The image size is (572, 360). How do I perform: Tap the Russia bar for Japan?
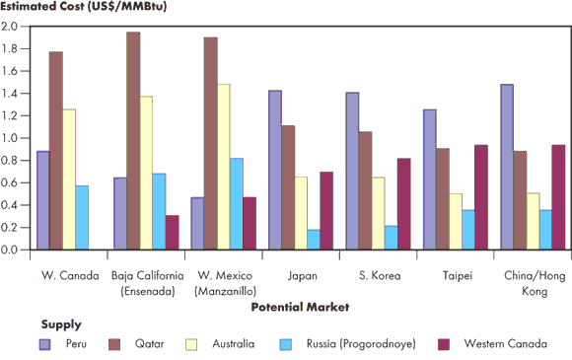313,240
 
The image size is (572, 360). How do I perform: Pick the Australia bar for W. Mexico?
223,167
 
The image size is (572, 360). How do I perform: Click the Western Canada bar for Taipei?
480,197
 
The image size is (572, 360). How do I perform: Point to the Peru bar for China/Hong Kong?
506,167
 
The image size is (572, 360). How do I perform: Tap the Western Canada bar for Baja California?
173,233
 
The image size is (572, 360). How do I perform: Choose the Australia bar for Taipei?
455,222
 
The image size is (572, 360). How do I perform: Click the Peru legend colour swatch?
45,343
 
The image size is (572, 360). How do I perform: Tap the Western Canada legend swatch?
444,343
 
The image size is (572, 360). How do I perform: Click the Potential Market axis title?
300,307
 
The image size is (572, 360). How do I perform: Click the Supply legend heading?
61,324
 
